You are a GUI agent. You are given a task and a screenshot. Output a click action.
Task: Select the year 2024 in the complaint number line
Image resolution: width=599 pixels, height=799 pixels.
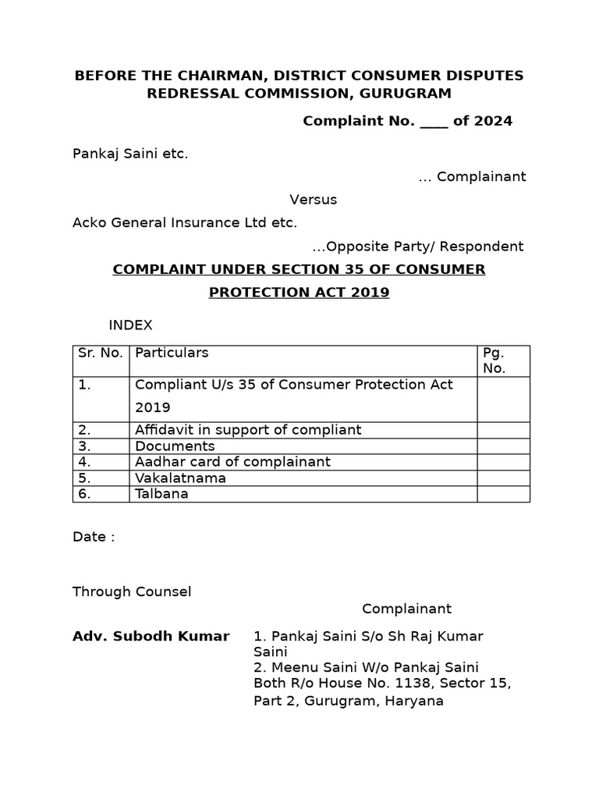click(493, 121)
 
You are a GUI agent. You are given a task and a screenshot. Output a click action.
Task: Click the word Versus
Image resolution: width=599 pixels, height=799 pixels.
click(314, 200)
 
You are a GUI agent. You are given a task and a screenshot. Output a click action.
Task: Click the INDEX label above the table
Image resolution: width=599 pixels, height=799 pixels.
click(130, 325)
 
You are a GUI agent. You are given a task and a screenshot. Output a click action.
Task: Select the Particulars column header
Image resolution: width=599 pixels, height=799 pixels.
click(172, 353)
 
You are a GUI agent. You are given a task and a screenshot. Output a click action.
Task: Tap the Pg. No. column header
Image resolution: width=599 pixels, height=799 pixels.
click(494, 360)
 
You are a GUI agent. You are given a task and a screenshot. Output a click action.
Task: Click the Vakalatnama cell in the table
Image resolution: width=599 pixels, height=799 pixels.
click(180, 478)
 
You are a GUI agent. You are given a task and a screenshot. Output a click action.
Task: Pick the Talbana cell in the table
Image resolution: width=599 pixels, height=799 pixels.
click(161, 494)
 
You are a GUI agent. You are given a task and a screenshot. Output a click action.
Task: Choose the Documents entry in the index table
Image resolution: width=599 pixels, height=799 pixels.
click(175, 446)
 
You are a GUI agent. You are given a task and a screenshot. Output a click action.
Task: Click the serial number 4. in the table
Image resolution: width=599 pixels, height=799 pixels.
click(85, 462)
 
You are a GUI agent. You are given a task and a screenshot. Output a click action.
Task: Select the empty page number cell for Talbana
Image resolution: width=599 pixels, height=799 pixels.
click(503, 494)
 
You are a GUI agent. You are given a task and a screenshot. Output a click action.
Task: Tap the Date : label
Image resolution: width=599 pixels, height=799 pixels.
click(94, 538)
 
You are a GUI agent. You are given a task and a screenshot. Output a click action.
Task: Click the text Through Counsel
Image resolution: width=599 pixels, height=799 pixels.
click(132, 591)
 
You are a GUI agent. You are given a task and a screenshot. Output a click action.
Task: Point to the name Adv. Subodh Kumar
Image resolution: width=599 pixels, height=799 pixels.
click(151, 637)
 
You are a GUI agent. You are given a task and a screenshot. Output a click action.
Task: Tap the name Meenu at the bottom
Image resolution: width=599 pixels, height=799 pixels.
click(289, 667)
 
